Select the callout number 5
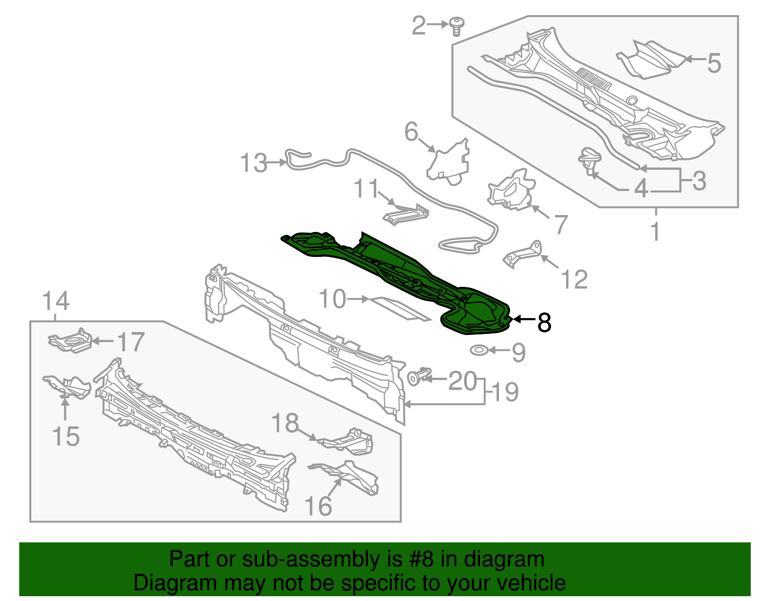point(714,63)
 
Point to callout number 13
point(254,163)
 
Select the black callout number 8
point(544,322)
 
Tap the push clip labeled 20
point(417,377)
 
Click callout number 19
point(505,392)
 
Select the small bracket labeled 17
point(70,341)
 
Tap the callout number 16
point(318,506)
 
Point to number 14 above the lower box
point(56,301)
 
